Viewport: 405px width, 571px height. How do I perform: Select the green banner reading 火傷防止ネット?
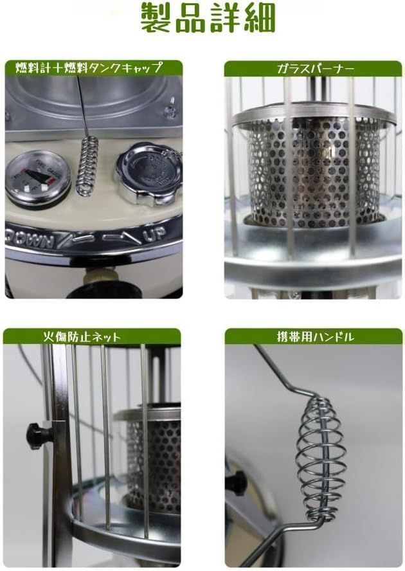92,336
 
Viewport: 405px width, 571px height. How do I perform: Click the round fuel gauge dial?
38,179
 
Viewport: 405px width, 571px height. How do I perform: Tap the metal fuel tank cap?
147,169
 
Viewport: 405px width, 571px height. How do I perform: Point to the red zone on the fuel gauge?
26,173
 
